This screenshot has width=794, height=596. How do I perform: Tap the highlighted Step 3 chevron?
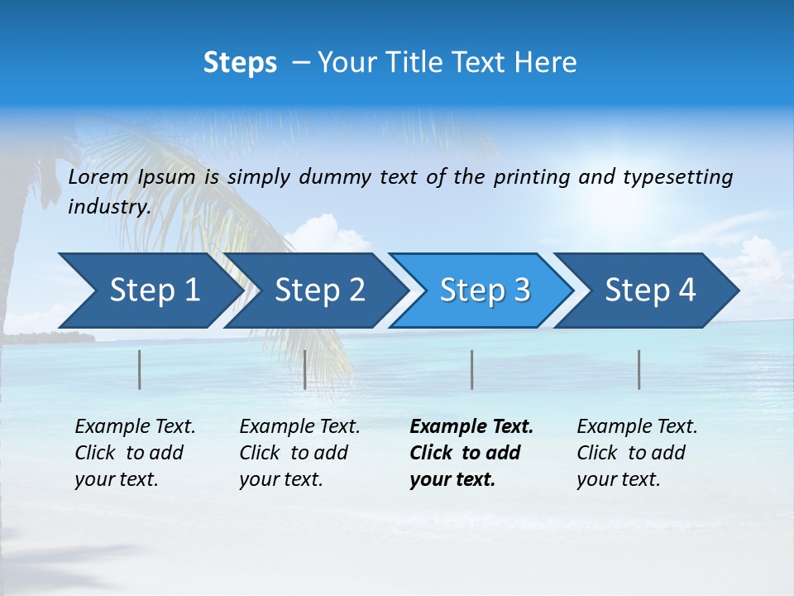(485, 291)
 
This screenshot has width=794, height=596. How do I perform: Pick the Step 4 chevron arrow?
(650, 291)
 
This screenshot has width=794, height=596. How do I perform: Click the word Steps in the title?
(240, 62)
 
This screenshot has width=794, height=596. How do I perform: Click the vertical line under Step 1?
(140, 369)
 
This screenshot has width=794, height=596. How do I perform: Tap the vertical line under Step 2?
(305, 369)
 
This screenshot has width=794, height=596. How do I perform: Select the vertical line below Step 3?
(471, 369)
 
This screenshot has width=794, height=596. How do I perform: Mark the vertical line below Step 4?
(639, 369)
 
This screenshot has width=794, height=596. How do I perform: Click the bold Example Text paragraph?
(471, 453)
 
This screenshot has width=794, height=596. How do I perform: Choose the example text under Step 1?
(135, 453)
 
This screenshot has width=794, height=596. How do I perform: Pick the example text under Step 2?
(299, 453)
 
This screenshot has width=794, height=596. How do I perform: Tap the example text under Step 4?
(637, 453)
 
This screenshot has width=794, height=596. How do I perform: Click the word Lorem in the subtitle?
(98, 177)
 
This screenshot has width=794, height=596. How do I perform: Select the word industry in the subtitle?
(108, 207)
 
